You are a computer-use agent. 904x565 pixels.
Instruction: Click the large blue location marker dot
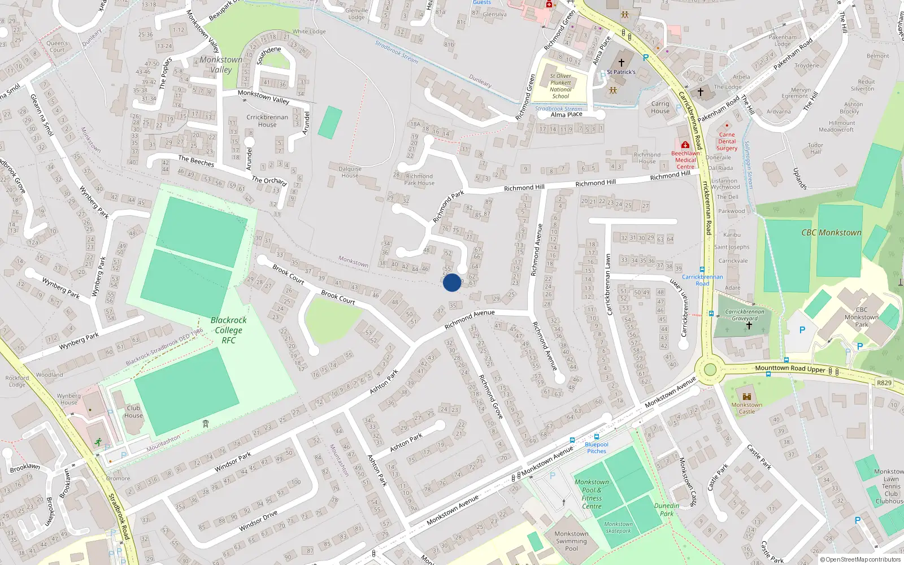coord(452,282)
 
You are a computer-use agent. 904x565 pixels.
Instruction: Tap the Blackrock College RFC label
coord(228,330)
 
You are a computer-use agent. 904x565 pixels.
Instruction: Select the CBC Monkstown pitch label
coord(831,233)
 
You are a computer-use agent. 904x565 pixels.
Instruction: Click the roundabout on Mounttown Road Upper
coord(710,370)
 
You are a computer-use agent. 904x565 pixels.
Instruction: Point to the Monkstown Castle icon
coord(746,397)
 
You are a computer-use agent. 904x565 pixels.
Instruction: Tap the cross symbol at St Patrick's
coord(621,63)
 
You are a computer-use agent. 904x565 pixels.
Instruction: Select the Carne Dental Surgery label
coord(727,142)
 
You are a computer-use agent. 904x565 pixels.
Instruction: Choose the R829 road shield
coord(884,383)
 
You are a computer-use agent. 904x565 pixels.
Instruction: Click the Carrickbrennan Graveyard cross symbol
coord(749,325)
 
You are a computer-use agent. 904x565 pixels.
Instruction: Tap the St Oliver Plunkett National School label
coord(560,86)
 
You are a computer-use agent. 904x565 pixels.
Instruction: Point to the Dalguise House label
coord(350,172)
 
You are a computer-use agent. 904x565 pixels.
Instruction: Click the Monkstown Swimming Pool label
coord(571,541)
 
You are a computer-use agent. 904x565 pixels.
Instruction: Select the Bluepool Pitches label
coord(597,447)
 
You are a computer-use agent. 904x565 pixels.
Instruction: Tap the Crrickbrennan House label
coord(267,121)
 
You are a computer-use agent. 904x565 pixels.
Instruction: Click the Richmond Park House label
coord(419,180)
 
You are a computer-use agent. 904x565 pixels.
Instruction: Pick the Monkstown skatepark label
coord(619,527)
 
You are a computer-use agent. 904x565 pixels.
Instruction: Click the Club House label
coord(133,411)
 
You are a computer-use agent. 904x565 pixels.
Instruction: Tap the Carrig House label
coord(660,107)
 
